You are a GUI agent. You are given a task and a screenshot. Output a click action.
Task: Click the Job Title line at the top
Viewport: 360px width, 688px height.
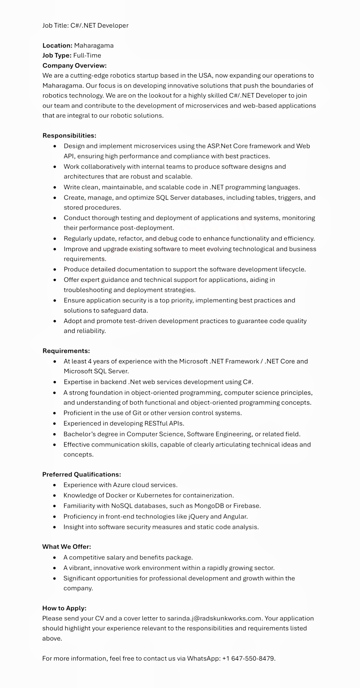click(x=85, y=25)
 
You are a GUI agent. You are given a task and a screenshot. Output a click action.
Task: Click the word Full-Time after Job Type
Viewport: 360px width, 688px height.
click(x=87, y=55)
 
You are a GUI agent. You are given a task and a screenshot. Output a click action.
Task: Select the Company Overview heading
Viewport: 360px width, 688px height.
click(x=74, y=65)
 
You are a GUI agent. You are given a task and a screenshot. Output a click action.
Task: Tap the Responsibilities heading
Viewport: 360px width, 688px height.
click(x=69, y=136)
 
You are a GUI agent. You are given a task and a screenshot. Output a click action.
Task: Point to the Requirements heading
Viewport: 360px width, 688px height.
click(x=66, y=351)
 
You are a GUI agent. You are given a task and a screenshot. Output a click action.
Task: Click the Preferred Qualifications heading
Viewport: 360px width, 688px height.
click(x=82, y=474)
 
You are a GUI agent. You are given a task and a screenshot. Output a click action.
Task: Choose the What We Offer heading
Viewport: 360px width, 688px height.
click(x=67, y=546)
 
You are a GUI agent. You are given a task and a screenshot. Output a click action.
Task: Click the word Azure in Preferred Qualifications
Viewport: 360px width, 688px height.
click(x=121, y=485)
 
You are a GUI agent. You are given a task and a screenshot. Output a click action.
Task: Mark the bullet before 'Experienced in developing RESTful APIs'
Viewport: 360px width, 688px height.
click(x=55, y=423)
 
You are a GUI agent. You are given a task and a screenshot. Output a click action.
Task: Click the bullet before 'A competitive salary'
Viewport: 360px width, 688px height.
click(x=55, y=557)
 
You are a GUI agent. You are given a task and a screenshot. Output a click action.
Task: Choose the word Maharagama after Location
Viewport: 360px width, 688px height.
click(x=94, y=46)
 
